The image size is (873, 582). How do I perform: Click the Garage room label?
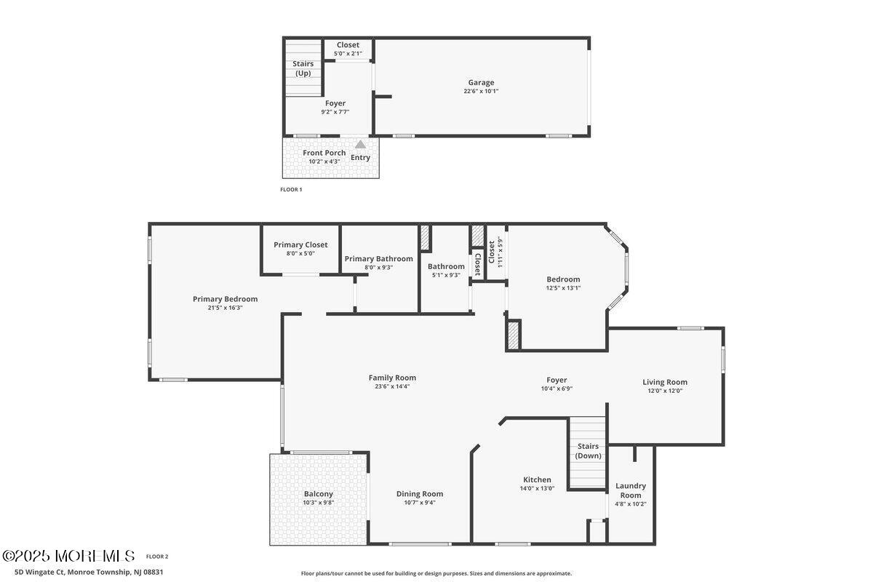click(481, 82)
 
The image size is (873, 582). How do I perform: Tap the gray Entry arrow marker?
click(361, 145)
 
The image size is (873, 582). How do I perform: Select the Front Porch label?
click(324, 153)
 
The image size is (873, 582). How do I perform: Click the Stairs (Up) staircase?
click(303, 68)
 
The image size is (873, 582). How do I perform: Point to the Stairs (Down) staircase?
click(588, 452)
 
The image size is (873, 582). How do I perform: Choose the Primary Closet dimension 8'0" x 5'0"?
click(300, 253)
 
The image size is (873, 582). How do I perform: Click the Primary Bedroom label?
click(226, 299)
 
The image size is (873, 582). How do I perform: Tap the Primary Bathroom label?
click(378, 258)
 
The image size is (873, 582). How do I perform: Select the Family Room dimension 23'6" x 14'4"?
click(392, 386)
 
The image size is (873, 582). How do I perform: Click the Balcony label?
click(319, 494)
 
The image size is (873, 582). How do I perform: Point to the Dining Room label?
click(420, 494)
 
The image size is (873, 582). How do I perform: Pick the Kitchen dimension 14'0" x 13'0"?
click(537, 488)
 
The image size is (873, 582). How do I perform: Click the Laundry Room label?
click(631, 490)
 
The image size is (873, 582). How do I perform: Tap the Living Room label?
click(665, 383)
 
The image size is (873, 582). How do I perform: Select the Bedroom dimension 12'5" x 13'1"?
click(563, 288)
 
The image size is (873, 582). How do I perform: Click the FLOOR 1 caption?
click(291, 189)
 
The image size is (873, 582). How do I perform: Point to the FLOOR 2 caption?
click(157, 557)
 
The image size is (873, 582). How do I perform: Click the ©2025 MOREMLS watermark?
click(68, 556)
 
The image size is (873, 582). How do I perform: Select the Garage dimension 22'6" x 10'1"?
click(481, 91)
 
